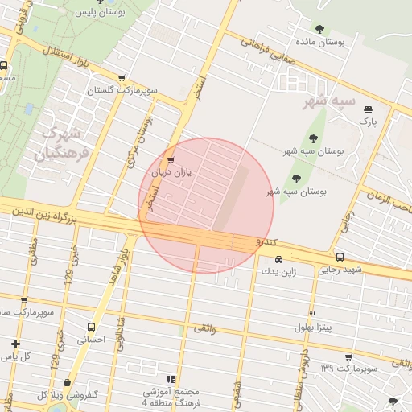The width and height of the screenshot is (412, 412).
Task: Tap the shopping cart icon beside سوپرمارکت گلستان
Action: pyautogui.click(x=122, y=78)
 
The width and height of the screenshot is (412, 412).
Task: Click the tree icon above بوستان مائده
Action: pyautogui.click(x=320, y=29)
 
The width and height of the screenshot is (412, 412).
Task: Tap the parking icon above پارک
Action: pyautogui.click(x=368, y=109)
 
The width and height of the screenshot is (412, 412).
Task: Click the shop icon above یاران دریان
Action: pyautogui.click(x=170, y=159)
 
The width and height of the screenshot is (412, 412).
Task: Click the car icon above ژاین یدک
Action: pyautogui.click(x=278, y=260)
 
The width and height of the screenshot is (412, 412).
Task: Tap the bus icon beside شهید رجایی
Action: pyautogui.click(x=340, y=257)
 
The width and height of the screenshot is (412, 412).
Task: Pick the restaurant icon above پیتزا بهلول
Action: pyautogui.click(x=312, y=314)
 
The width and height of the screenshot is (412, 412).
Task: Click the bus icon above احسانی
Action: pyautogui.click(x=90, y=328)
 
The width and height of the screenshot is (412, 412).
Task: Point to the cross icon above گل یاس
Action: pyautogui.click(x=15, y=344)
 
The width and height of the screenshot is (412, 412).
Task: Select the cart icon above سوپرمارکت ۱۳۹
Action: pyautogui.click(x=348, y=357)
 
